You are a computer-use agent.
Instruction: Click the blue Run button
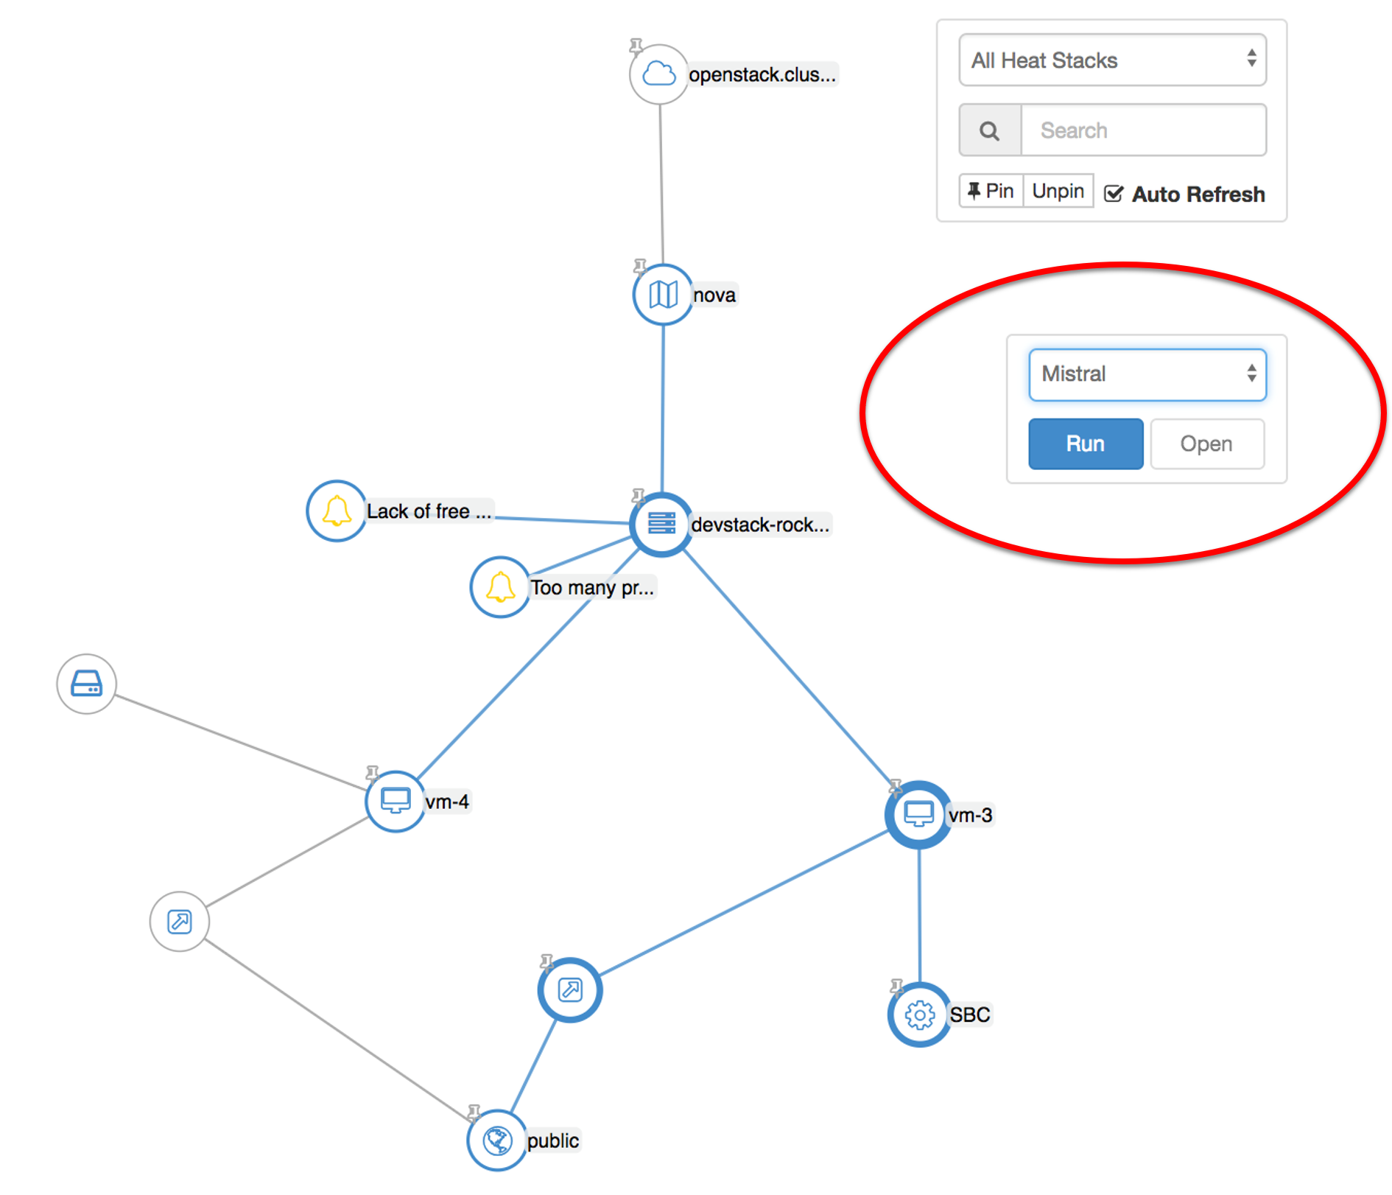point(1085,444)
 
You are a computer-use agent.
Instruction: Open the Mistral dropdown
point(1147,374)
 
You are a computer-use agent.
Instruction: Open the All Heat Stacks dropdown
point(1112,60)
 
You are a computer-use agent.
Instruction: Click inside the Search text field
point(1143,130)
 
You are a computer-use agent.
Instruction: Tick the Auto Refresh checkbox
point(1114,194)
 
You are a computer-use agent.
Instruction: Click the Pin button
point(991,192)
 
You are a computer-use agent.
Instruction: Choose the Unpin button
point(1058,192)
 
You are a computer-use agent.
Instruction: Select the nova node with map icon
point(663,295)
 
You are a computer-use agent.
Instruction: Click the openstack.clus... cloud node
point(659,74)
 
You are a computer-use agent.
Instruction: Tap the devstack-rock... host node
point(661,524)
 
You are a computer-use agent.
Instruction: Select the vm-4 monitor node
point(396,801)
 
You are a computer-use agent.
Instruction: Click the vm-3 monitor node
point(918,814)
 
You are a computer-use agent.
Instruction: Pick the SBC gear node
point(919,1015)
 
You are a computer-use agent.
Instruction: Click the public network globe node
point(497,1140)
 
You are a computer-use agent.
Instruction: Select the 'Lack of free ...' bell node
point(337,511)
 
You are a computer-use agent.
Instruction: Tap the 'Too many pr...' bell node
point(500,587)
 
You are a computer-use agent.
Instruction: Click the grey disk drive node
point(86,684)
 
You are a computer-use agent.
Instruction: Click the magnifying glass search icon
point(990,131)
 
